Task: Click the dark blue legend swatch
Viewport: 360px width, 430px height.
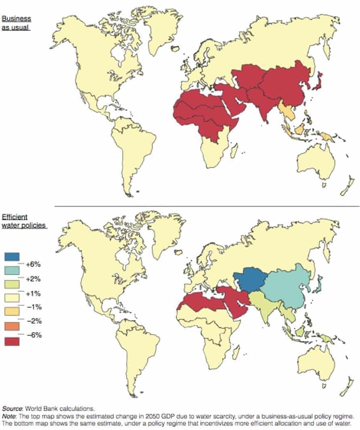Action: pyautogui.click(x=12, y=257)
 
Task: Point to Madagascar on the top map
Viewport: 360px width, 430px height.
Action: pyautogui.click(x=233, y=151)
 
